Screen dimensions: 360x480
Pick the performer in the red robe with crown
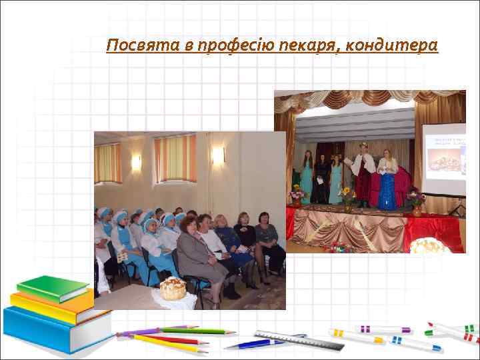tap(363, 177)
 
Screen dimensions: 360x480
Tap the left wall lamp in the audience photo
tap(136, 162)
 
